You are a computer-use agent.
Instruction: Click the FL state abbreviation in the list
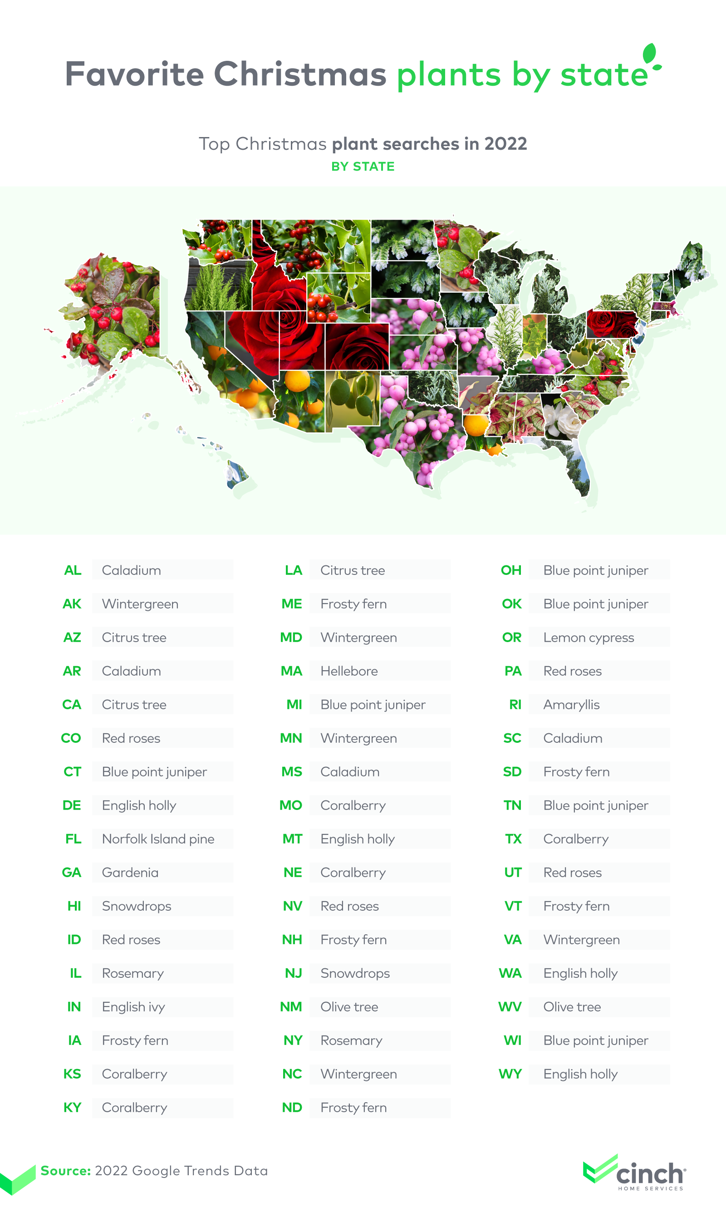point(73,839)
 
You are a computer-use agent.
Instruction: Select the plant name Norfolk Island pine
point(157,839)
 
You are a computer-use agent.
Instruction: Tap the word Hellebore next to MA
point(349,671)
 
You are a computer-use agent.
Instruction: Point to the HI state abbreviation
point(74,906)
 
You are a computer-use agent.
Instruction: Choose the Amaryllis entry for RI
point(571,705)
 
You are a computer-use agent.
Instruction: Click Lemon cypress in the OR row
point(588,638)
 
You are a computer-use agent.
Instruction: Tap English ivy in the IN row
point(133,1006)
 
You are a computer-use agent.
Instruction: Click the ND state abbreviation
point(292,1107)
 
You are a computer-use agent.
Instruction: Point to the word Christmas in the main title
point(300,74)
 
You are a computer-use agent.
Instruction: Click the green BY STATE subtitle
point(363,167)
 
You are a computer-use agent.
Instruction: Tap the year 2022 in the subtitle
point(505,144)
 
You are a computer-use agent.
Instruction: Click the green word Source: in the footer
point(65,1170)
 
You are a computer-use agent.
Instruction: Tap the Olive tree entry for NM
point(349,1006)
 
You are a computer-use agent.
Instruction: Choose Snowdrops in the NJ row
point(355,973)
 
